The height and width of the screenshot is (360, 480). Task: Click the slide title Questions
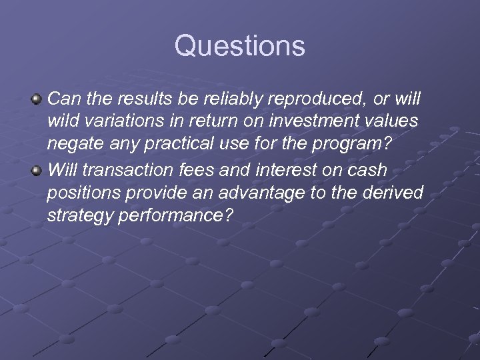point(240,47)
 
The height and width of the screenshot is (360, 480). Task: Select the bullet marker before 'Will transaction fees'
point(37,171)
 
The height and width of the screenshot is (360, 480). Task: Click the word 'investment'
point(321,123)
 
